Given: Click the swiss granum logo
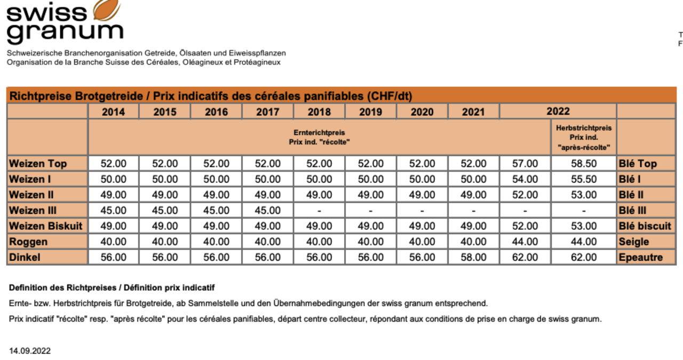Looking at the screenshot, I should [x=64, y=22].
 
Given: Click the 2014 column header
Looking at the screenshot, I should [x=113, y=112].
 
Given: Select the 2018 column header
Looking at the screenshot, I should [x=319, y=112].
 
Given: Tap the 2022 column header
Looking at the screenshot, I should [x=558, y=111].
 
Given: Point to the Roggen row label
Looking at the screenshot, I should [x=28, y=242].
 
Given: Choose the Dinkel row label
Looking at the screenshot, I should [x=25, y=257].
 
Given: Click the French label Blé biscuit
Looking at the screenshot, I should [x=645, y=226].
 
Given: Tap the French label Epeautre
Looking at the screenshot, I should [x=640, y=257].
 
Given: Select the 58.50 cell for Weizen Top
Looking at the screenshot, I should [x=584, y=164].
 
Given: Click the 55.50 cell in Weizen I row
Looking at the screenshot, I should [x=584, y=179].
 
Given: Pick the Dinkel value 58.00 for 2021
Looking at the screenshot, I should [x=473, y=257].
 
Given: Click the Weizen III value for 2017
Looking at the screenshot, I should [x=267, y=211].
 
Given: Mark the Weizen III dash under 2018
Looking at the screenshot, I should [x=319, y=211].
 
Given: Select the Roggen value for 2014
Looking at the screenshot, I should [x=113, y=242].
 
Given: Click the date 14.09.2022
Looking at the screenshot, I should [x=30, y=350].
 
